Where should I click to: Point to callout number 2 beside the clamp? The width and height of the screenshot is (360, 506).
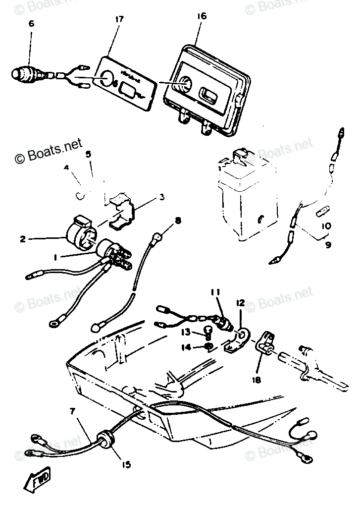coord(23,239)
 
